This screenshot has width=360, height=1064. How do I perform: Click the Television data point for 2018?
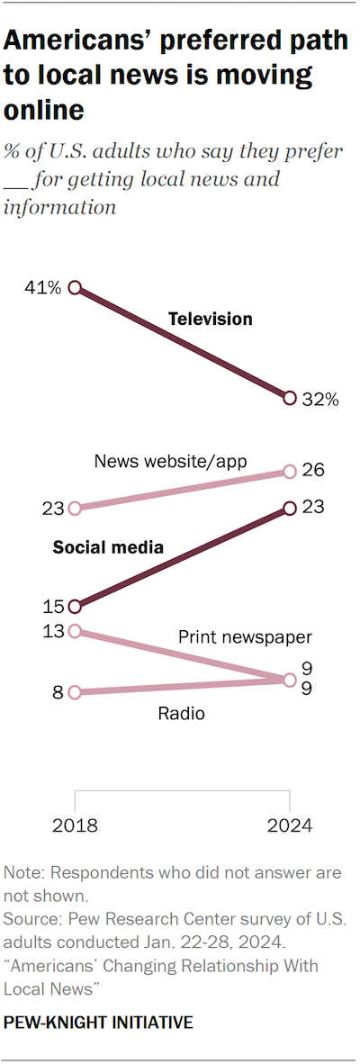click(75, 288)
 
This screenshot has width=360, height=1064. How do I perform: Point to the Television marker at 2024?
click(290, 398)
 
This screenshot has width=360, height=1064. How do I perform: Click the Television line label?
click(211, 319)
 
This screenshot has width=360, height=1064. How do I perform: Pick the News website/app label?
click(170, 462)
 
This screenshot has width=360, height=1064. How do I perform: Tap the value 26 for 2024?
click(314, 470)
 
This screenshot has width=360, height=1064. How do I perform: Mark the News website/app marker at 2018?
click(75, 508)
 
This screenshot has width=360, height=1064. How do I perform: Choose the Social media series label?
click(108, 546)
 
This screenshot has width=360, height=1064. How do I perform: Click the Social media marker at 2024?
click(290, 509)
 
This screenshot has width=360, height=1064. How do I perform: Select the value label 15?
click(52, 607)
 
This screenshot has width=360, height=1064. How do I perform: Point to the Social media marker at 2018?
click(75, 606)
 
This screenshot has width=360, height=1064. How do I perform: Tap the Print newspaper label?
click(244, 637)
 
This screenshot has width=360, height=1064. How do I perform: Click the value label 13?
click(52, 631)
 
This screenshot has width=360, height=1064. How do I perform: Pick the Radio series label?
click(181, 714)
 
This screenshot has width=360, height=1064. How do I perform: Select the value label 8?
click(58, 693)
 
